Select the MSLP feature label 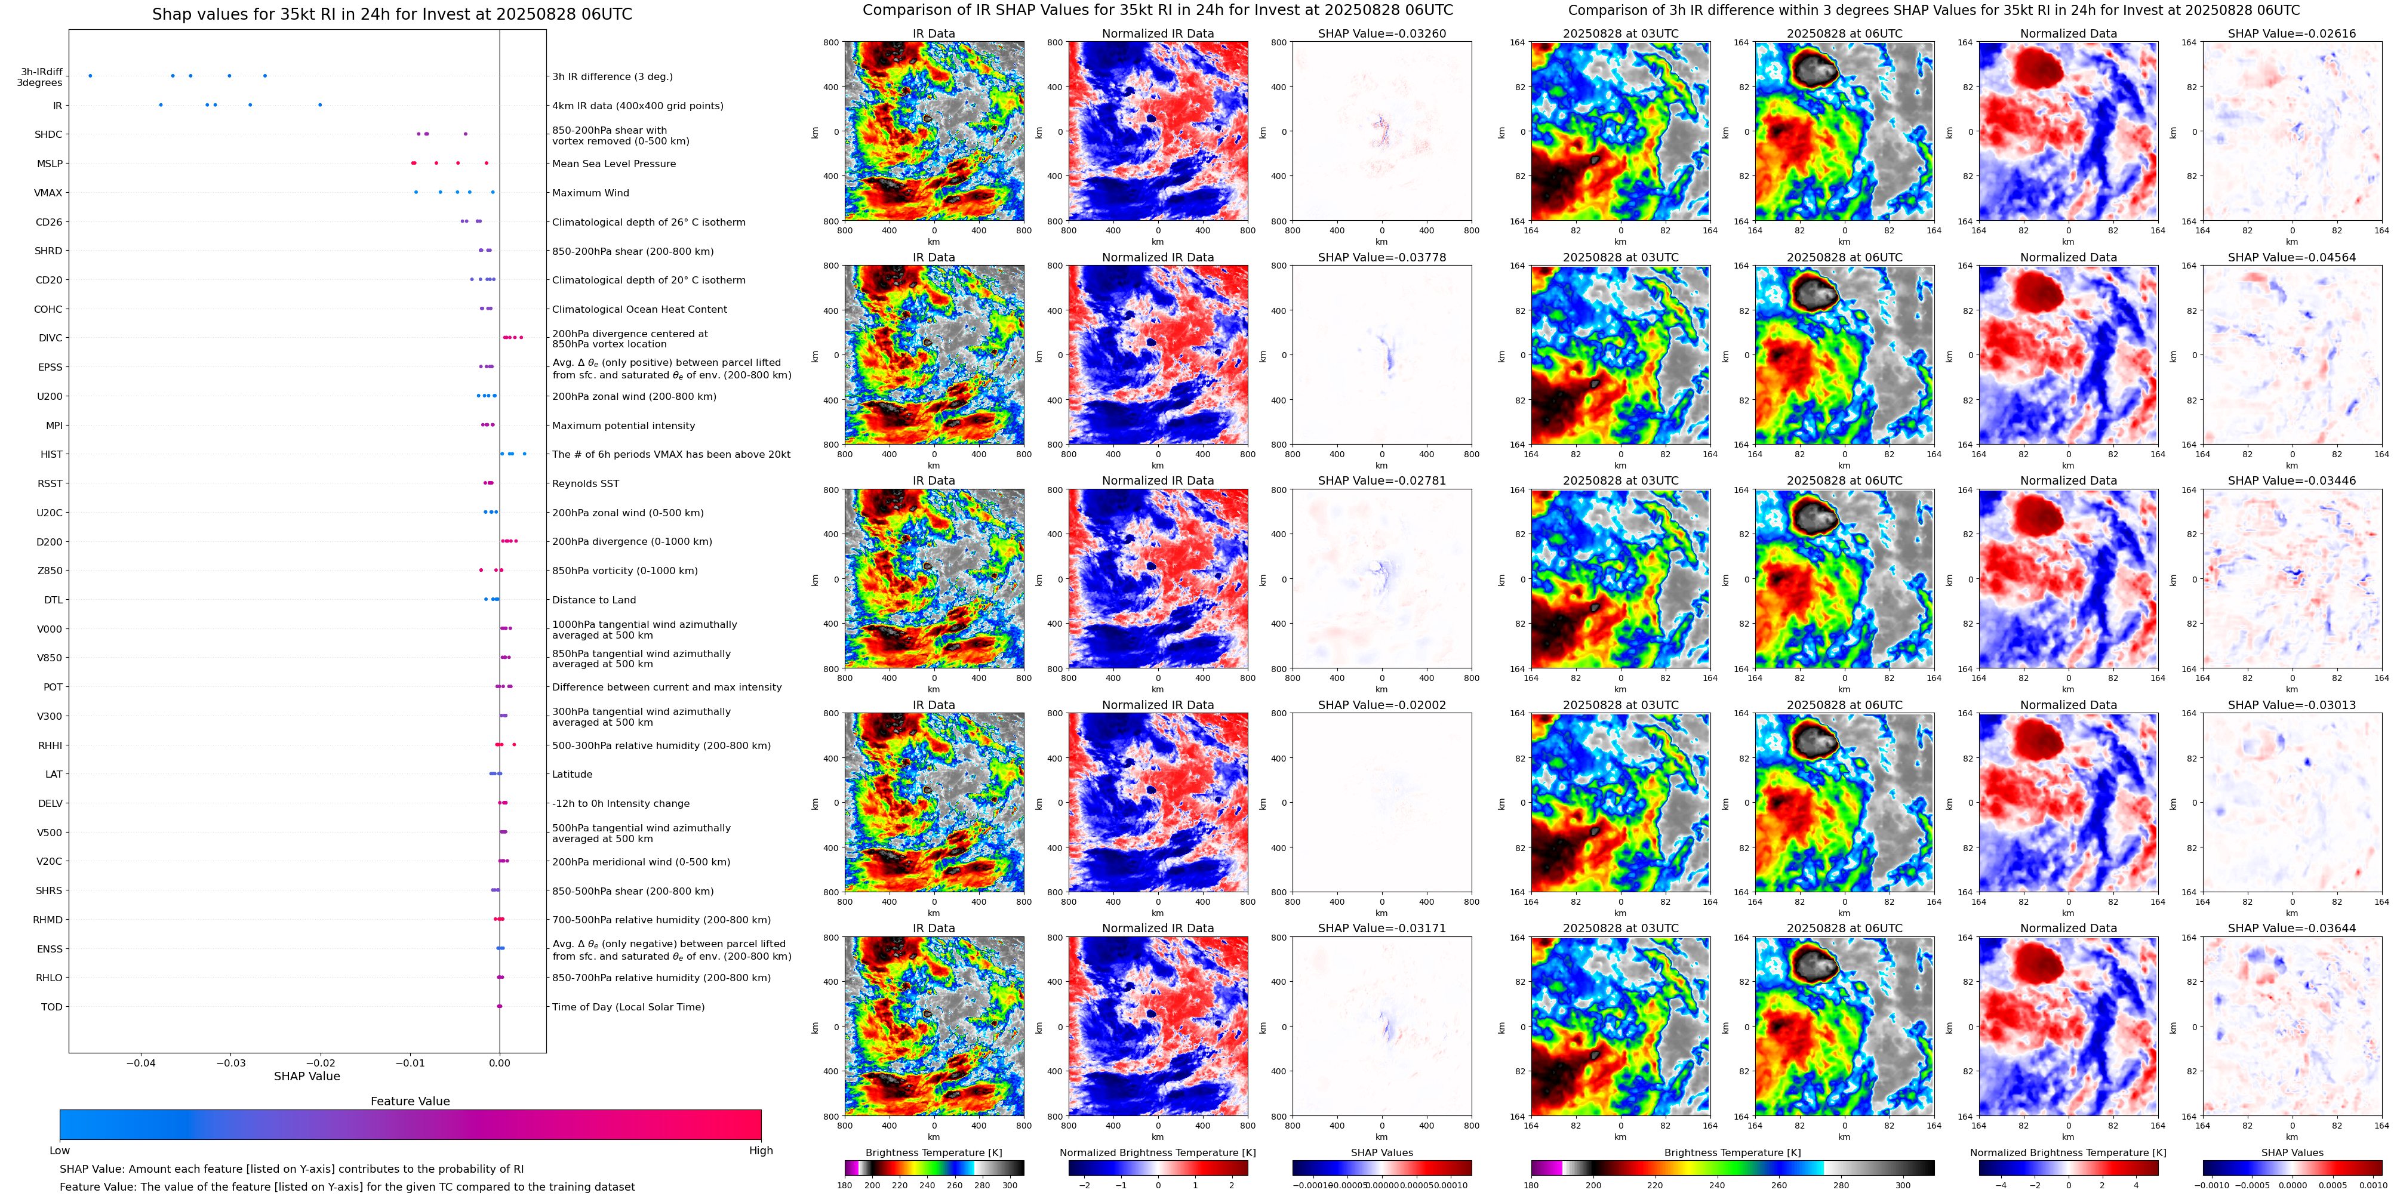click(x=50, y=164)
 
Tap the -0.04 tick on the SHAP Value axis click(x=141, y=1063)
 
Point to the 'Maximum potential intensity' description click(x=623, y=426)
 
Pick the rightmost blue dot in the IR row click(x=320, y=105)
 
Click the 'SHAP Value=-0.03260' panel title click(x=1382, y=33)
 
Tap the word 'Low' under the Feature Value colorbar click(x=60, y=1151)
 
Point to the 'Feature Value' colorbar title click(x=410, y=1101)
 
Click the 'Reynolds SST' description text click(x=585, y=483)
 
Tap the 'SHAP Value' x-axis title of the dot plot click(x=307, y=1076)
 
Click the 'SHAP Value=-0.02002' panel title click(x=1382, y=705)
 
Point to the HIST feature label click(x=51, y=455)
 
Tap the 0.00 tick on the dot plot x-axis click(x=500, y=1063)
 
